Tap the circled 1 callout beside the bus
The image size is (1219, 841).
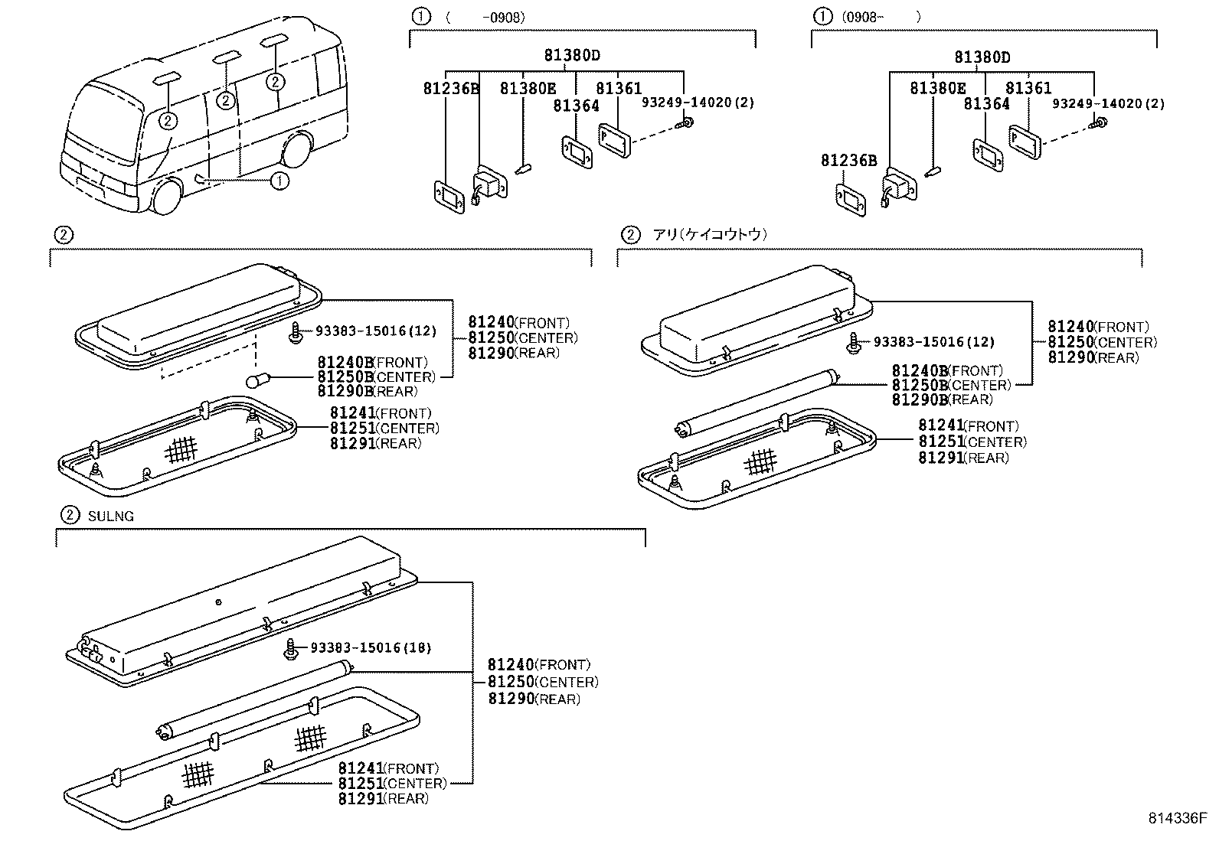(x=280, y=181)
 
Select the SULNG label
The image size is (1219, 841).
(x=110, y=517)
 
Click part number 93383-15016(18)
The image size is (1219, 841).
(x=371, y=648)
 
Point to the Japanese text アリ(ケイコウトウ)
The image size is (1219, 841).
(x=710, y=235)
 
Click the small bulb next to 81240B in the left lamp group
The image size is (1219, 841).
(x=255, y=380)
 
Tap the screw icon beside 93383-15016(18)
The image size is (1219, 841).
(x=291, y=648)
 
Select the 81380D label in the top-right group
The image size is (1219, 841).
(x=982, y=57)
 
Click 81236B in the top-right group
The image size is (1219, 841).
(x=848, y=161)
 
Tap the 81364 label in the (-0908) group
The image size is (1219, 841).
(x=576, y=106)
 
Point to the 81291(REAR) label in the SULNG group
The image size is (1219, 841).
(x=383, y=799)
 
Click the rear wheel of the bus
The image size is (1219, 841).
(x=296, y=150)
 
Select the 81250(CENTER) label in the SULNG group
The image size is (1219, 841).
(x=543, y=682)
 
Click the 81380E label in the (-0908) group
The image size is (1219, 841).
(x=528, y=89)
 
